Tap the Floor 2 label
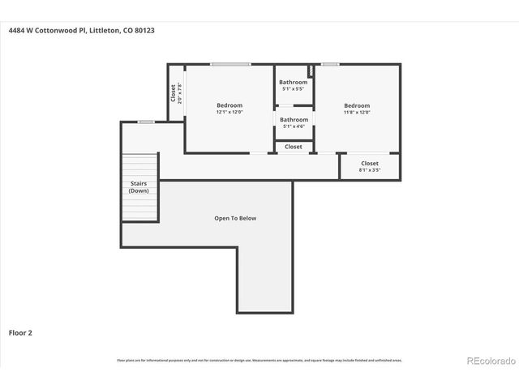click(20, 332)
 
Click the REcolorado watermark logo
click(489, 361)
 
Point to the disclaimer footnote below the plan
click(259, 360)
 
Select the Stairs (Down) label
click(139, 187)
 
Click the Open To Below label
click(235, 218)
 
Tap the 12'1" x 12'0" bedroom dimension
click(229, 113)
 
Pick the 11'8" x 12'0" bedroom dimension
click(357, 113)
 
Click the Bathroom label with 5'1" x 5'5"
click(294, 82)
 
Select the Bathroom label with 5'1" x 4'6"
click(294, 120)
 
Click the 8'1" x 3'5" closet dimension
click(370, 170)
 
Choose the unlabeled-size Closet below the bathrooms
click(294, 147)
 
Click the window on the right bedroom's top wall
click(330, 64)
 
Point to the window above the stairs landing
click(145, 122)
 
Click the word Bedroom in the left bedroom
click(229, 105)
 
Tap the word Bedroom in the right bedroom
click(357, 105)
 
